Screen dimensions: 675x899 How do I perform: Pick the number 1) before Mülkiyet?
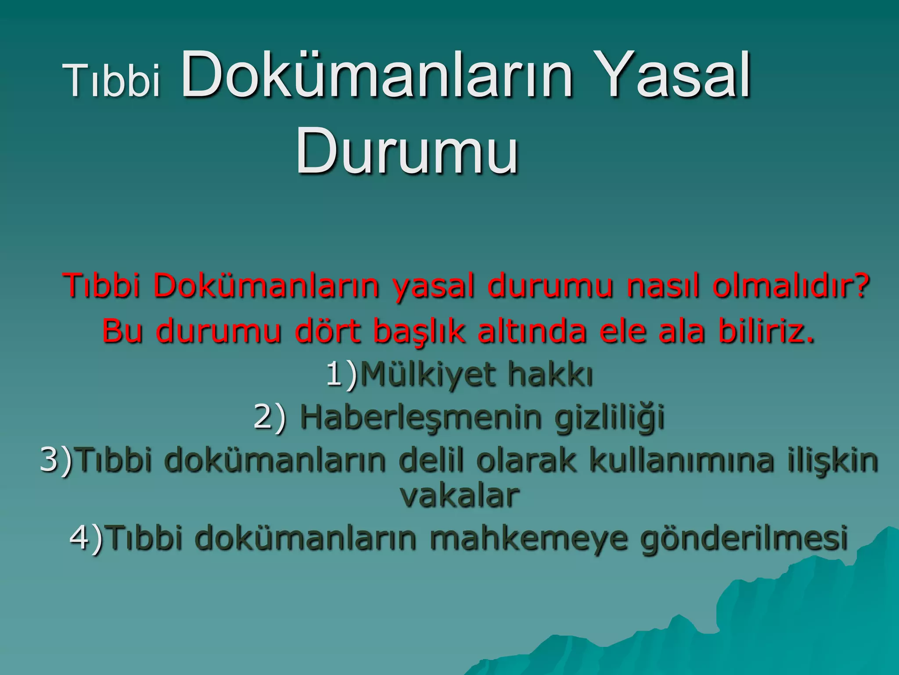tap(342, 375)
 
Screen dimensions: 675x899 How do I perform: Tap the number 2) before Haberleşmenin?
tap(269, 417)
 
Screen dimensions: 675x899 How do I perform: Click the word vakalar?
tap(459, 495)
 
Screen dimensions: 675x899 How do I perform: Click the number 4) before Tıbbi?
tap(86, 538)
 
